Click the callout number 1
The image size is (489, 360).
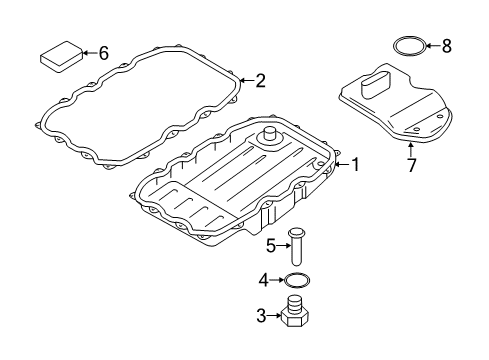pyautogui.click(x=356, y=165)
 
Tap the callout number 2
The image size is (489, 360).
pyautogui.click(x=260, y=81)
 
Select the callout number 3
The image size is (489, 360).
pyautogui.click(x=261, y=315)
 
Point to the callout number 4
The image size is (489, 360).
pyautogui.click(x=264, y=280)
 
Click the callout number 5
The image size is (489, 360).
pyautogui.click(x=271, y=246)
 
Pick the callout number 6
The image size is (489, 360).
pyautogui.click(x=104, y=53)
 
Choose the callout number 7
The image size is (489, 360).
pyautogui.click(x=412, y=165)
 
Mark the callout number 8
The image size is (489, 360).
pyautogui.click(x=447, y=46)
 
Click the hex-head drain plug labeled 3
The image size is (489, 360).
pyautogui.click(x=295, y=311)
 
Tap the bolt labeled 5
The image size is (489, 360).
pyautogui.click(x=296, y=247)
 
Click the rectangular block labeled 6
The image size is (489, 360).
pyautogui.click(x=61, y=56)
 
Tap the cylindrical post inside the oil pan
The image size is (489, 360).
pyautogui.click(x=270, y=136)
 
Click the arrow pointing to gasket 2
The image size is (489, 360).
pyautogui.click(x=247, y=81)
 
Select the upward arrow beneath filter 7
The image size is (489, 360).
pyautogui.click(x=411, y=149)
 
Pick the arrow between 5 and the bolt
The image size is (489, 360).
pyautogui.click(x=283, y=246)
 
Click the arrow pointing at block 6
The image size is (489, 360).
pyautogui.click(x=90, y=53)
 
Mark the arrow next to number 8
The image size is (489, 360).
pyautogui.click(x=433, y=46)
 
